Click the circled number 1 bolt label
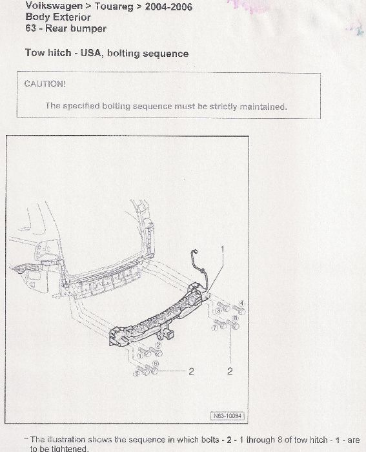click(x=140, y=356)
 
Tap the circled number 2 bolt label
click(x=159, y=345)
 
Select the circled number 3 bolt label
click(x=218, y=311)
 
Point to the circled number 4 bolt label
click(x=241, y=303)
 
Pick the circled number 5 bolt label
click(x=137, y=374)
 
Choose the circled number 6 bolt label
click(x=156, y=364)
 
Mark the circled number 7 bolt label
click(x=215, y=328)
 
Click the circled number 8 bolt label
click(x=235, y=318)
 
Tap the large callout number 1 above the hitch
click(x=222, y=250)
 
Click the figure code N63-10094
click(x=227, y=416)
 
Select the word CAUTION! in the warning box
click(x=45, y=84)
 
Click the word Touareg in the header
click(x=114, y=6)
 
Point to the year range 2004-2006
click(x=168, y=6)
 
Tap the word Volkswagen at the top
click(x=54, y=5)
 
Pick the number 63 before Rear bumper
click(x=30, y=28)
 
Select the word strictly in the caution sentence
click(x=223, y=107)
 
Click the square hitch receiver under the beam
click(x=170, y=334)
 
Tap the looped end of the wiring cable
click(x=194, y=253)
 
